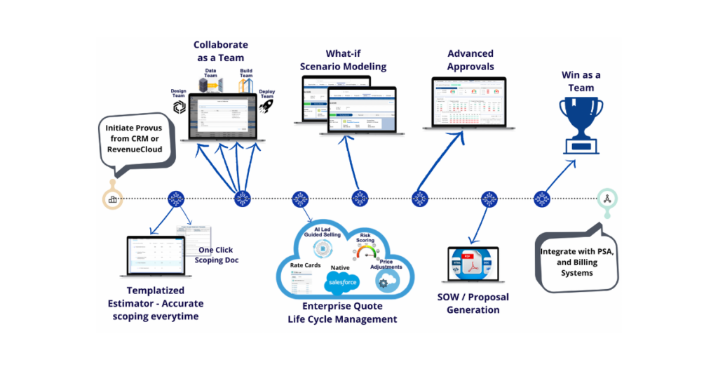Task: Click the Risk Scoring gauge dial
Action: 365,251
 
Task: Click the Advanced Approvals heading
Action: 470,60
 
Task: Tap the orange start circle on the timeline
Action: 112,199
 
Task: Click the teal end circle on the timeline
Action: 605,199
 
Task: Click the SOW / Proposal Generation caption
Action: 473,303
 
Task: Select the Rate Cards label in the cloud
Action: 306,265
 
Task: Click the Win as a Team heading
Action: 581,81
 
